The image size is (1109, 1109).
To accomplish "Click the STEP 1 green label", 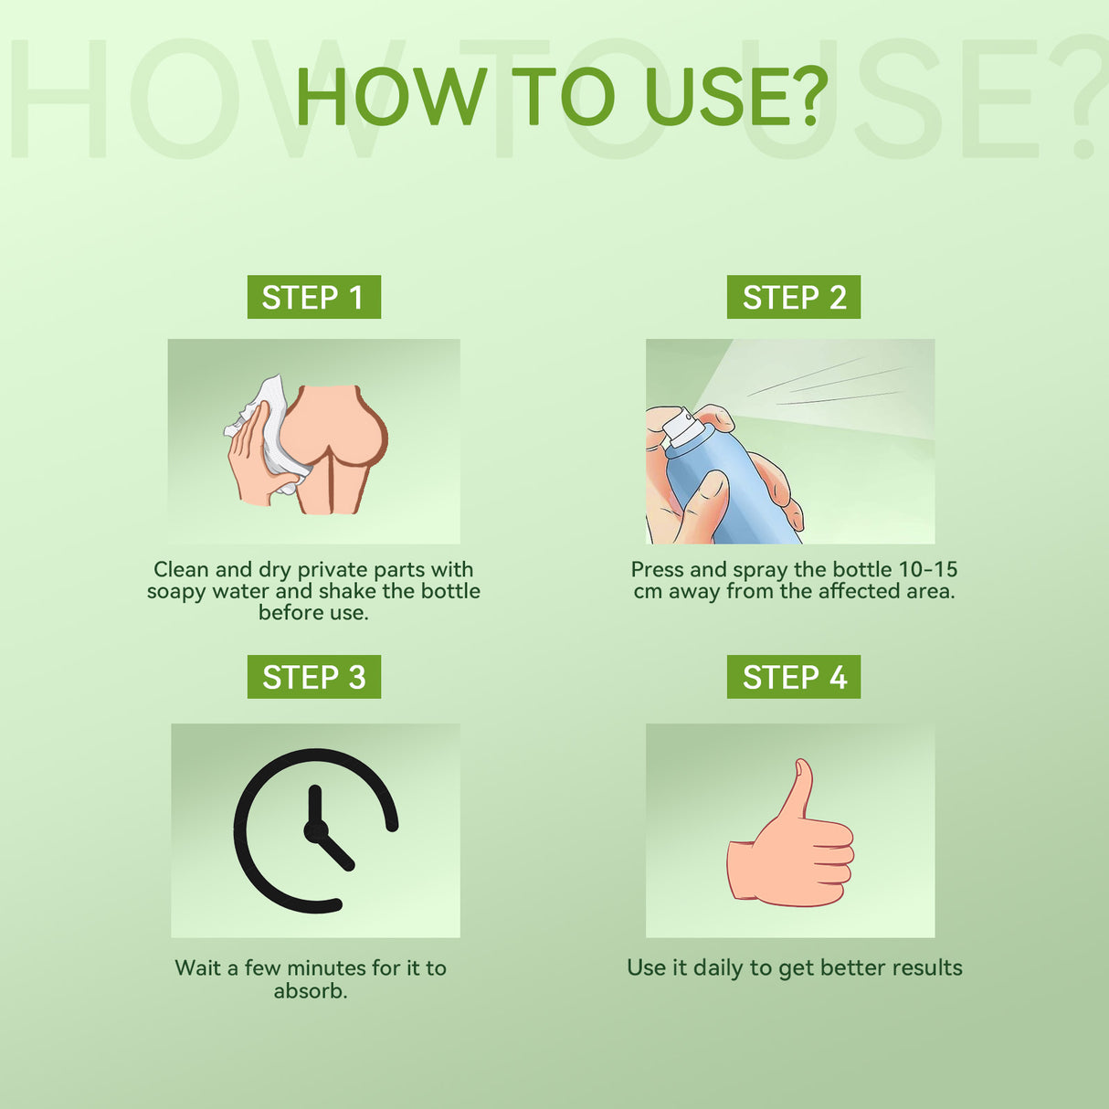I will point(313,297).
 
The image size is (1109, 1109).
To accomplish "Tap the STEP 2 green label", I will point(793,297).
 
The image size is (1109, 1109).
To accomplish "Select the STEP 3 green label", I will point(313,677).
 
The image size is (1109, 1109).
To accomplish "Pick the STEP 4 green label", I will point(793,677).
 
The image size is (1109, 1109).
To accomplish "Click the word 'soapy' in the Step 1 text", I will point(176,592).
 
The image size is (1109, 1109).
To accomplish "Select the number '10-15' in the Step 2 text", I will point(928,570).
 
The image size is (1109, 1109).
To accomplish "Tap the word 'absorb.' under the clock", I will point(311,991).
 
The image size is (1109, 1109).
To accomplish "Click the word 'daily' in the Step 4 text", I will point(718,968).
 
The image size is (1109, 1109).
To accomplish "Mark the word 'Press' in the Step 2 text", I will point(657,570).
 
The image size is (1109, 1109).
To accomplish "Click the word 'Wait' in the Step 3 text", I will point(197,968).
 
